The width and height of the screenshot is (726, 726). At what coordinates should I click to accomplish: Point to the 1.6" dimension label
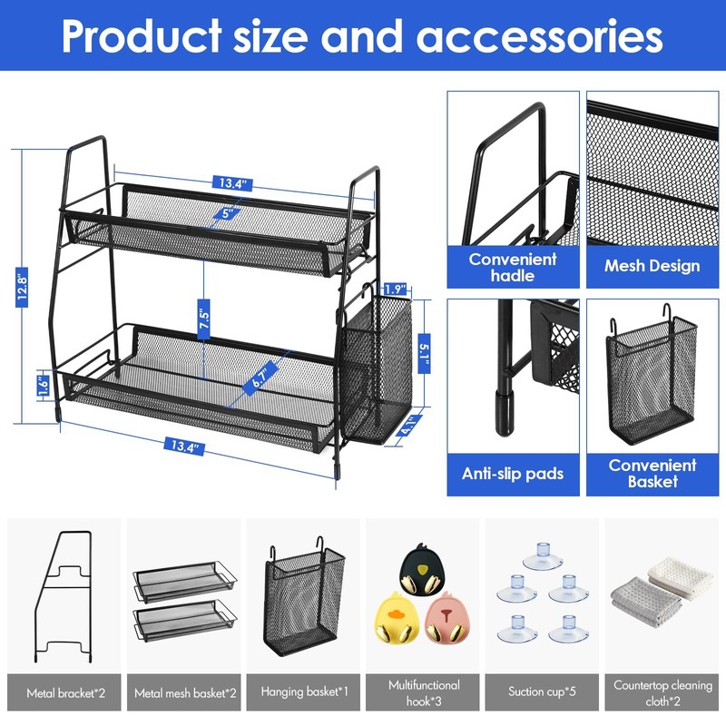(42, 384)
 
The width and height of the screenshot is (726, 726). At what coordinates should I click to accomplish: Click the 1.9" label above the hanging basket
(393, 289)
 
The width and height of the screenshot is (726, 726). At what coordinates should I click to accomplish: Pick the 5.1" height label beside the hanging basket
(424, 349)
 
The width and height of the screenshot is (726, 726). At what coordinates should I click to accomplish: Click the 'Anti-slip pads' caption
(513, 474)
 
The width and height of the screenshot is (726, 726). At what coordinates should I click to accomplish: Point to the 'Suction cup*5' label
(542, 692)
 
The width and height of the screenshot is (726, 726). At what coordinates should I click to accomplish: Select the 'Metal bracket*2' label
(65, 692)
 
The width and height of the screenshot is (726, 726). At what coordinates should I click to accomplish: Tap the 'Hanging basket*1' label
(303, 692)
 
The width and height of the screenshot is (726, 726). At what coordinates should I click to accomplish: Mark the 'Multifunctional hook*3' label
(423, 692)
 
